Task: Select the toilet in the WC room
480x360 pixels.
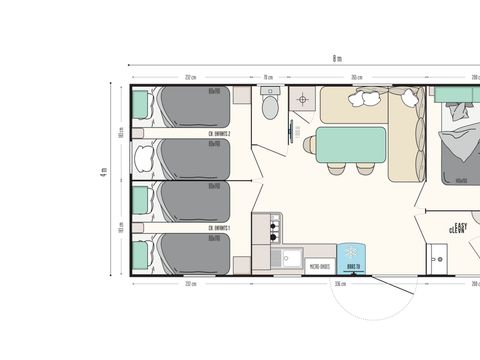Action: point(268,104)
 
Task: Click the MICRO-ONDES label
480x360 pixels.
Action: point(320,267)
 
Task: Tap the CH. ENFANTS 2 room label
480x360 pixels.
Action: point(219,134)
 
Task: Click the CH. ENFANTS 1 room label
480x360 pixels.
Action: point(219,228)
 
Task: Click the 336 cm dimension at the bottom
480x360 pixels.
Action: point(340,284)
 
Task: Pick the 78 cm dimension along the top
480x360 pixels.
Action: point(268,77)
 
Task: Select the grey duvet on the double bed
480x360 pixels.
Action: point(458,150)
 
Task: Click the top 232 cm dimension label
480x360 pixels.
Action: point(190,77)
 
